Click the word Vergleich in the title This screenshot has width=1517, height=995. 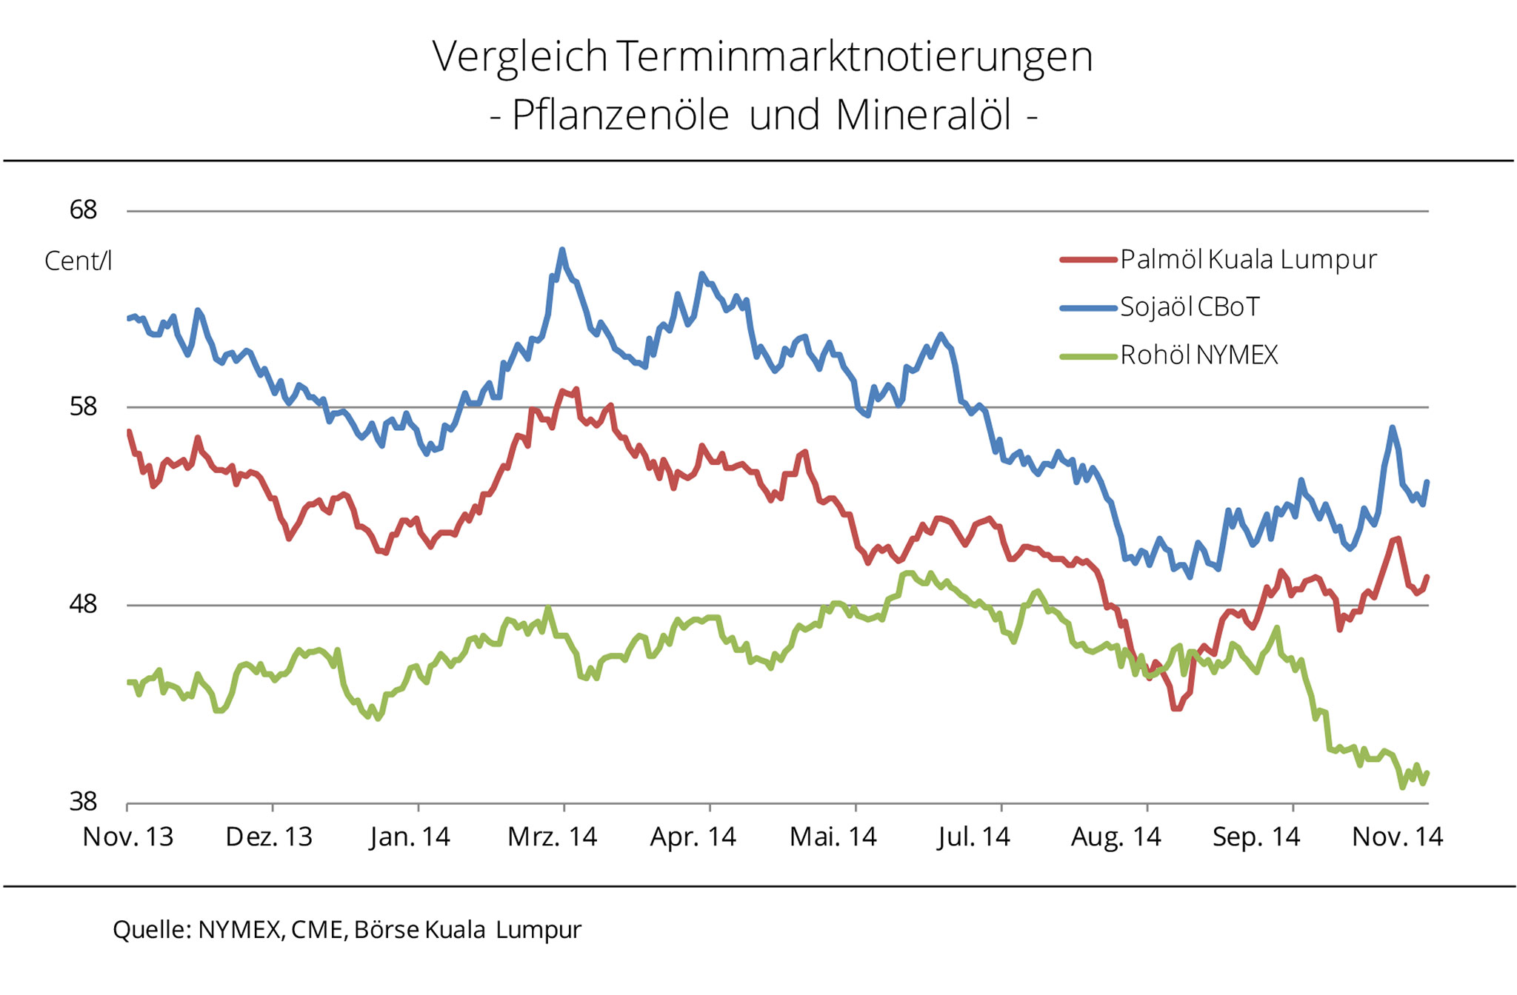click(x=519, y=57)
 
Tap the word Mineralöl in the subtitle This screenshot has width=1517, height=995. click(x=924, y=115)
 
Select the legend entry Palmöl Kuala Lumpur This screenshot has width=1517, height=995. click(x=1248, y=259)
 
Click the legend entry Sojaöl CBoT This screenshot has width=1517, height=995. click(x=1190, y=306)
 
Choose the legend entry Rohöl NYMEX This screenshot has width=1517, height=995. click(x=1199, y=355)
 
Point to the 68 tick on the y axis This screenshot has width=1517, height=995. click(x=83, y=210)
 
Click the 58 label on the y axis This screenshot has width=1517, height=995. click(x=83, y=406)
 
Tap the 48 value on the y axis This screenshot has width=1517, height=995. click(x=83, y=605)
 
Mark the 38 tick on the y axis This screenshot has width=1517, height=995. click(x=83, y=802)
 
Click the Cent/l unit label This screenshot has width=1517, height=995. click(x=78, y=261)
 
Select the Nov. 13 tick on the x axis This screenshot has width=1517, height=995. click(x=127, y=837)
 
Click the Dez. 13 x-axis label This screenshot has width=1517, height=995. click(x=269, y=837)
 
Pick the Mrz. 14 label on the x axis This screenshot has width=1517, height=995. click(x=552, y=837)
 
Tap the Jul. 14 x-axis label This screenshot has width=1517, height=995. click(x=973, y=837)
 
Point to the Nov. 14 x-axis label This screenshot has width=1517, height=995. click(x=1397, y=837)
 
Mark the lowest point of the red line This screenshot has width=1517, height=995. click(x=1176, y=708)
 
